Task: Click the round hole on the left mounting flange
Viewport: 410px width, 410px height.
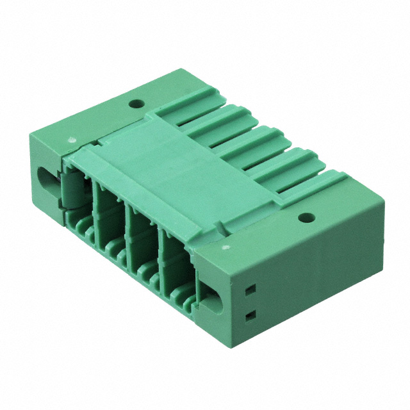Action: point(135,102)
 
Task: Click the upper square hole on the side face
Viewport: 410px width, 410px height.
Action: point(250,290)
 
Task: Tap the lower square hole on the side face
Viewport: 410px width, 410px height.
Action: point(250,315)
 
